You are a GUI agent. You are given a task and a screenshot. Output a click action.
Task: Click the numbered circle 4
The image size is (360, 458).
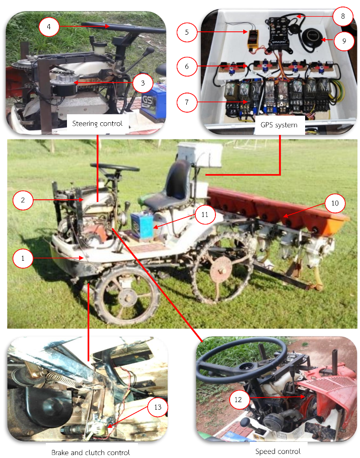click(49, 27)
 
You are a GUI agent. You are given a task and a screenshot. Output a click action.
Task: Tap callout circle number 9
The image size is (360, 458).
click(344, 41)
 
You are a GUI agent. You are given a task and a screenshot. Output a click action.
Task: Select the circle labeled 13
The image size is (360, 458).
click(158, 407)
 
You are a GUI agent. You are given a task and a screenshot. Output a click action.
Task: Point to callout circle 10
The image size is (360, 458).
click(335, 203)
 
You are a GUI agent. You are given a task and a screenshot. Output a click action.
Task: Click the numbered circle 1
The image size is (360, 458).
click(23, 258)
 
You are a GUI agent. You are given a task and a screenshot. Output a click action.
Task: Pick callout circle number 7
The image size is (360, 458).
click(187, 102)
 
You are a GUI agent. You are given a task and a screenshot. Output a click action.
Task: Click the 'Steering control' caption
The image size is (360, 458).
click(97, 123)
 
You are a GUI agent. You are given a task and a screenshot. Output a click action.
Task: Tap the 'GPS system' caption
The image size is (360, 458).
click(279, 125)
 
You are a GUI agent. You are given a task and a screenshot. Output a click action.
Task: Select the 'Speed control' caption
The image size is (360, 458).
click(277, 451)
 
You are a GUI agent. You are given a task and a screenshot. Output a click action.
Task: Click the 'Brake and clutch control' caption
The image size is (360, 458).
click(91, 452)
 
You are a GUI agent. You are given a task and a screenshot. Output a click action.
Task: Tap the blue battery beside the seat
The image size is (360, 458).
click(142, 225)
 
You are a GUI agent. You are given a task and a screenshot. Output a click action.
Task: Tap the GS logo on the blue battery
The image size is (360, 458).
click(147, 101)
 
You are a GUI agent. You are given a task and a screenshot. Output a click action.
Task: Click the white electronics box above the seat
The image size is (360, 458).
click(200, 155)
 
